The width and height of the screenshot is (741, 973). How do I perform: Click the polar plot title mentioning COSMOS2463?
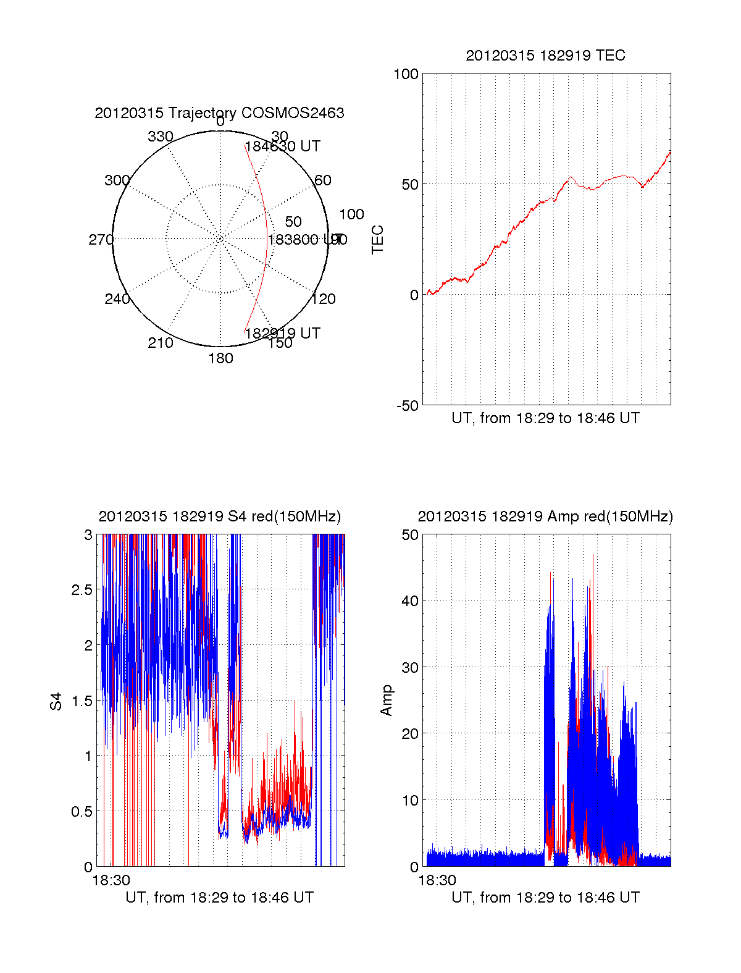pyautogui.click(x=219, y=113)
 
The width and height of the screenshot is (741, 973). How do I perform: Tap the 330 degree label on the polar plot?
pyautogui.click(x=161, y=137)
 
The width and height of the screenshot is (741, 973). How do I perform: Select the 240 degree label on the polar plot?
pyautogui.click(x=117, y=299)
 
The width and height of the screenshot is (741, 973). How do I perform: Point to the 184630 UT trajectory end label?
pyautogui.click(x=282, y=146)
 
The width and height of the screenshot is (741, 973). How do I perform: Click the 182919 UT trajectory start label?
pyautogui.click(x=282, y=333)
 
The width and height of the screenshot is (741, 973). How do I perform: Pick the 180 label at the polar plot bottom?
pyautogui.click(x=220, y=358)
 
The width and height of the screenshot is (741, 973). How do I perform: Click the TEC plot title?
pyautogui.click(x=545, y=56)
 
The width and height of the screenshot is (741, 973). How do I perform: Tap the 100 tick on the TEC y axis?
pyautogui.click(x=406, y=74)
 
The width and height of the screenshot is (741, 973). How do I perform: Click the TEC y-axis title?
pyautogui.click(x=377, y=240)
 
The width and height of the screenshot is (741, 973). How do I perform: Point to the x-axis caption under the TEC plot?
pyautogui.click(x=545, y=418)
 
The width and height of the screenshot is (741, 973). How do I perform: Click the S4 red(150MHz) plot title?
pyautogui.click(x=219, y=516)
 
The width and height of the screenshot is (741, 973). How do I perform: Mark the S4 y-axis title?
pyautogui.click(x=56, y=701)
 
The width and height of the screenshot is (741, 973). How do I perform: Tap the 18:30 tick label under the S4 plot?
pyautogui.click(x=111, y=880)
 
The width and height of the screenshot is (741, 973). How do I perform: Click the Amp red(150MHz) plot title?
pyautogui.click(x=545, y=516)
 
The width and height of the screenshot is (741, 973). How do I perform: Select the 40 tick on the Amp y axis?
pyautogui.click(x=410, y=600)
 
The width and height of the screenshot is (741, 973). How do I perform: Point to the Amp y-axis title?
pyautogui.click(x=387, y=701)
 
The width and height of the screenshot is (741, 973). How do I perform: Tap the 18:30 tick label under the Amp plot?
pyautogui.click(x=437, y=880)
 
